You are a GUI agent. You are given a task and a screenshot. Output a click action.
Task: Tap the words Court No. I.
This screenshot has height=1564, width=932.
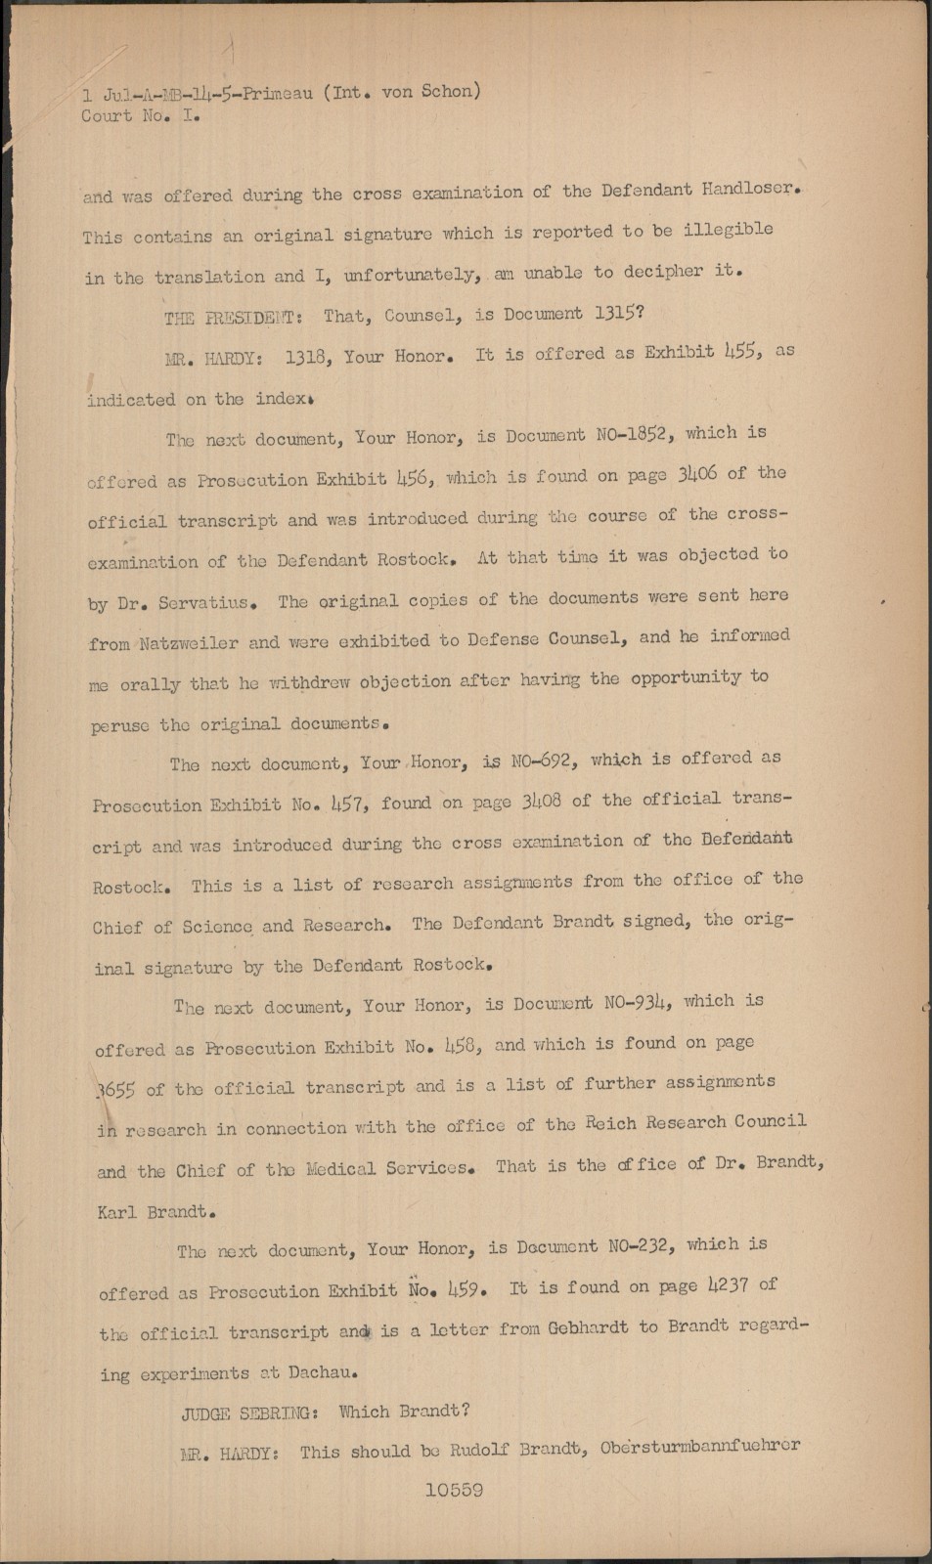(x=141, y=115)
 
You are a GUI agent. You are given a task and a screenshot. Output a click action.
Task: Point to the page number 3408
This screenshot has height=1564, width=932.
(x=542, y=802)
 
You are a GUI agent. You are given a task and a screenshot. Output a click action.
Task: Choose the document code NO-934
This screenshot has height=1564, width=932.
(x=639, y=1001)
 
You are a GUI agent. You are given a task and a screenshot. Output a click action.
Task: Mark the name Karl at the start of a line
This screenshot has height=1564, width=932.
(x=117, y=1212)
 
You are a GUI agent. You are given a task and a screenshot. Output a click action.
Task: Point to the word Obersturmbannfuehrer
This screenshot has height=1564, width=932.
(x=701, y=1447)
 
